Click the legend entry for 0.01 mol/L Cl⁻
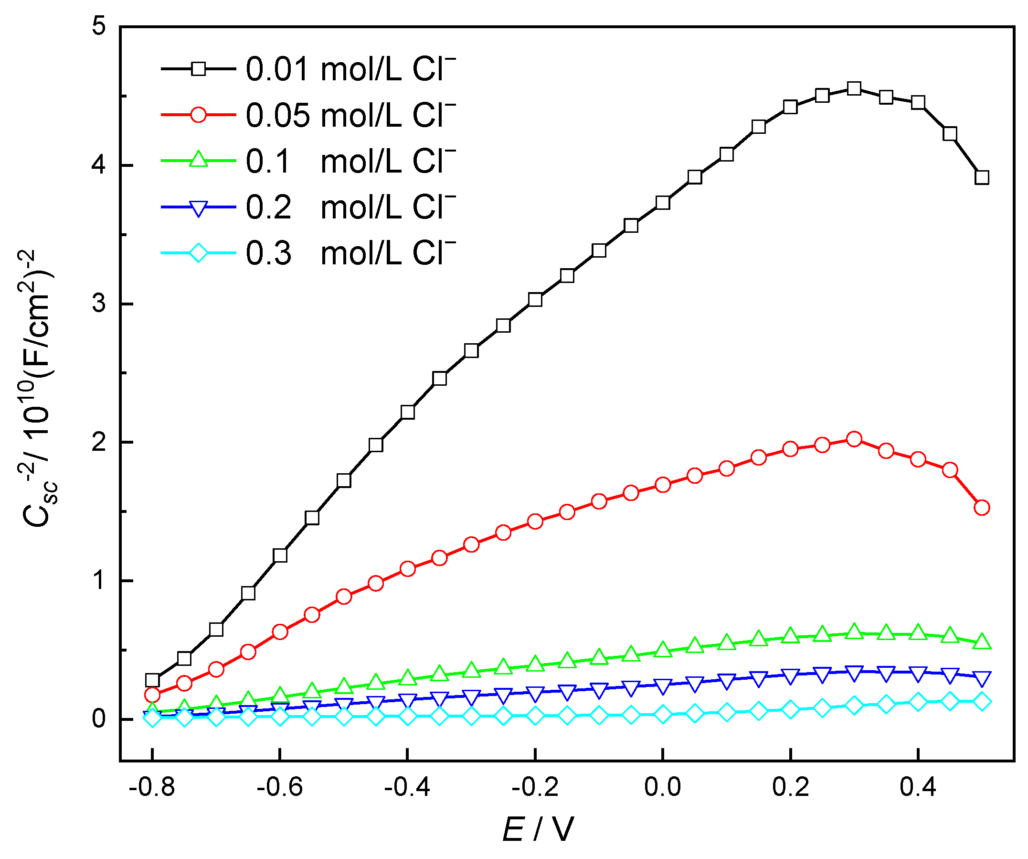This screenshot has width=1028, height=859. pos(350,69)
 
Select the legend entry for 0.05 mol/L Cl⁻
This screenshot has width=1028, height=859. pos(350,115)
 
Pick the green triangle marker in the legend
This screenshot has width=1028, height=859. pos(198,161)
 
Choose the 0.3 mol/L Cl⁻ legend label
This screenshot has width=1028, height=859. pos(350,253)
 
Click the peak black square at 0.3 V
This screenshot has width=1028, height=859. pos(854,89)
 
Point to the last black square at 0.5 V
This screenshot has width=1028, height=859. pos(982,177)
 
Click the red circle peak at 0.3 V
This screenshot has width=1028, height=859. pos(854,439)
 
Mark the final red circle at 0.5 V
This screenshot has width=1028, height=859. pos(982,508)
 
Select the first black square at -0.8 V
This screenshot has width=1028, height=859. pos(152,680)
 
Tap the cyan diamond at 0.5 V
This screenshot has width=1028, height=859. pos(982,702)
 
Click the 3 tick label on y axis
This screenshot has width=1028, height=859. pos(99,304)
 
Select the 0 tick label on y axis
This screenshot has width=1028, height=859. pos(99,719)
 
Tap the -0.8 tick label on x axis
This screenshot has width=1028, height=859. pos(152,787)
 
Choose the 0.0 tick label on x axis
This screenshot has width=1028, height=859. pos(662,787)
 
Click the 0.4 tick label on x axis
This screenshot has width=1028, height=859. pos(918,787)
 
